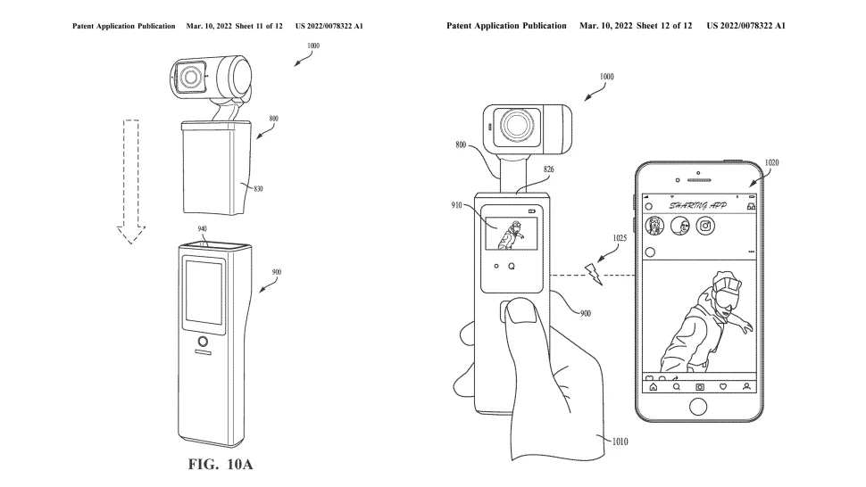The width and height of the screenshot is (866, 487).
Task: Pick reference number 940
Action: [204, 229]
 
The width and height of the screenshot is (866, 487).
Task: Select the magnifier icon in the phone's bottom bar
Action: [677, 387]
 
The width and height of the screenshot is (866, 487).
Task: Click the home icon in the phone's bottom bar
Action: [654, 387]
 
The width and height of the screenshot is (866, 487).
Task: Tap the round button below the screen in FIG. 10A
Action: [204, 342]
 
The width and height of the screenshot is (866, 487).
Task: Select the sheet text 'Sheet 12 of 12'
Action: [664, 26]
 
